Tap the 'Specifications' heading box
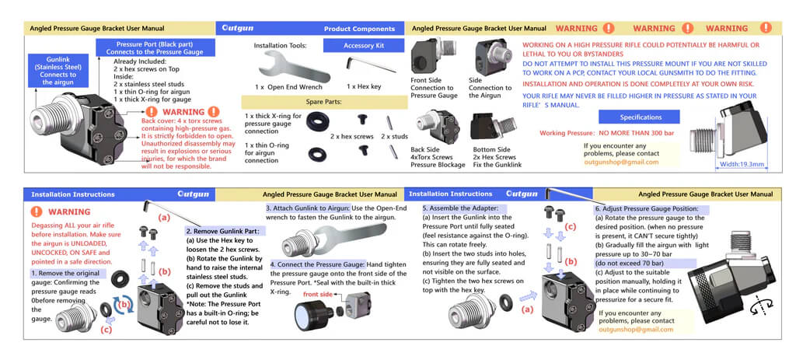click(640, 117)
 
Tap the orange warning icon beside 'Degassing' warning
click(36, 211)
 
